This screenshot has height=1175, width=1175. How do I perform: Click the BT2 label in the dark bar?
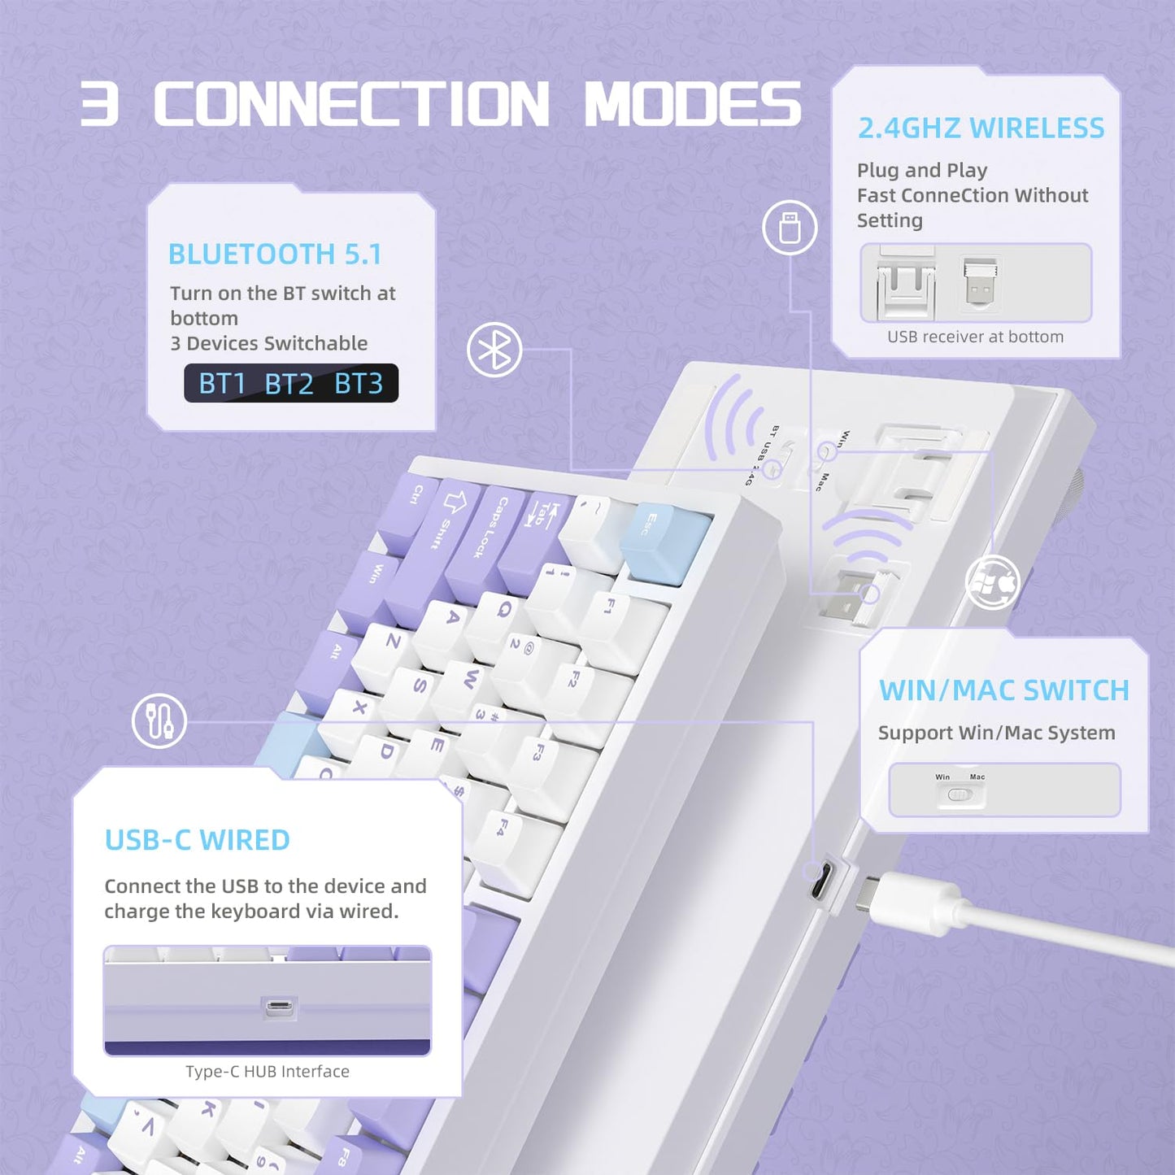289,383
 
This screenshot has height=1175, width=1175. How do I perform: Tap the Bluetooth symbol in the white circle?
494,350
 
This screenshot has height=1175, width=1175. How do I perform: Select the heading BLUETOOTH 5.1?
275,255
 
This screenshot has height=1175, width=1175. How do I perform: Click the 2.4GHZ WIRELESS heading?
981,128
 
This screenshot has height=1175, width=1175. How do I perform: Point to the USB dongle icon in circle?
790,228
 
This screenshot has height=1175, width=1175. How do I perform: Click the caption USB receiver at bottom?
975,337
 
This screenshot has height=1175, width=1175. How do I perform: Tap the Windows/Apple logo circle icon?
992,582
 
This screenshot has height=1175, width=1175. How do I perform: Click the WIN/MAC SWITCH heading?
1004,690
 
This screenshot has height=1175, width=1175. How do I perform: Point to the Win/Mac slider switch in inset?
960,794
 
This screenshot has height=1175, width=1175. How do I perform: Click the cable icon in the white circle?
159,720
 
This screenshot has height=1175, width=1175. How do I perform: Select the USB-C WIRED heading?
197,840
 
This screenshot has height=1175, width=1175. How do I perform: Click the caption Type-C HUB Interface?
268,1072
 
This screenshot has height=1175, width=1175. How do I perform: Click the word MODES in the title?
693,104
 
